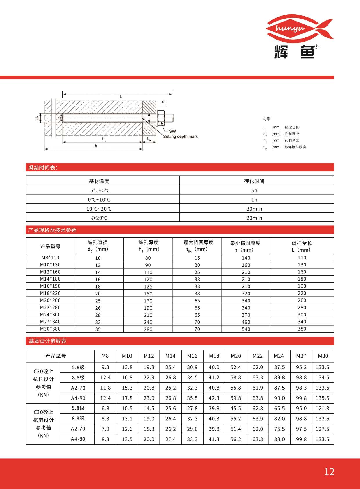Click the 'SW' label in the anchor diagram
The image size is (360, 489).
172,131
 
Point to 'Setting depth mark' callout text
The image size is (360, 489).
180,137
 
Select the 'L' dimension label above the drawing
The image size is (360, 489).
121,97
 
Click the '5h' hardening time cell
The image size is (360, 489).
254,191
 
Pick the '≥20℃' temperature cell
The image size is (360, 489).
99,218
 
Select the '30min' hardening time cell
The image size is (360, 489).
254,209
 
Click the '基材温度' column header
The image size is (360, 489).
99,181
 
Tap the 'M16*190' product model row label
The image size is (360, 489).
50,286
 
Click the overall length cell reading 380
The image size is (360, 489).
302,329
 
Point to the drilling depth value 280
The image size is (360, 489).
148,329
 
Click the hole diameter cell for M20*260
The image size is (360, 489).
98,301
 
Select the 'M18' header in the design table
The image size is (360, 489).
214,356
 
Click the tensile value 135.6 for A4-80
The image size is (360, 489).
322,398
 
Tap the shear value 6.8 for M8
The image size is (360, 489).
105,409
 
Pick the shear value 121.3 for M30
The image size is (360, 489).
322,409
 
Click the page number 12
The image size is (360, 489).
329,472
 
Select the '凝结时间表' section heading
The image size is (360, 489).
43,167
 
